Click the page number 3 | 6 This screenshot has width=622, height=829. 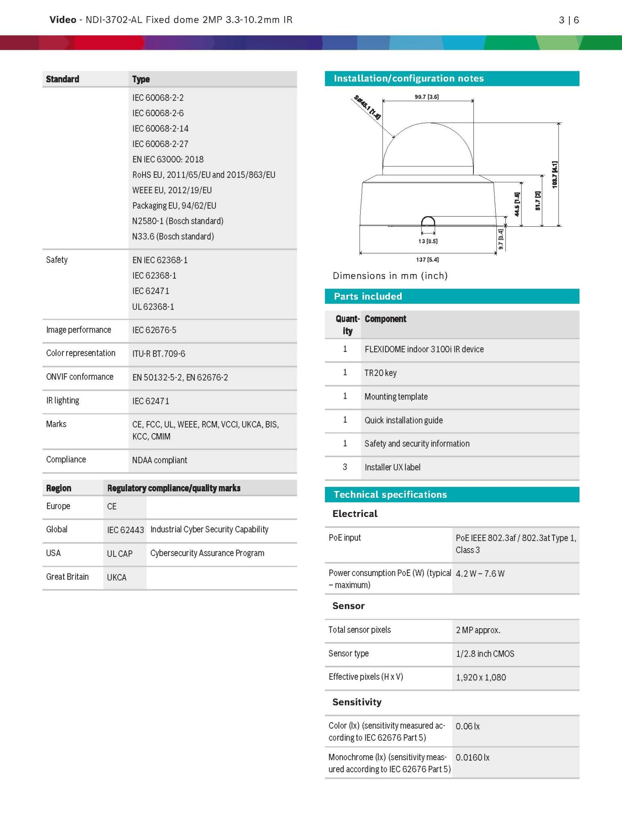pos(569,20)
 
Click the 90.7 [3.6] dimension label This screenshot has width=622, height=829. pos(426,97)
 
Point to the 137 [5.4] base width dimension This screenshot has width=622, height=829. pos(427,259)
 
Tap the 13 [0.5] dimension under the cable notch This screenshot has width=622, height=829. pos(428,241)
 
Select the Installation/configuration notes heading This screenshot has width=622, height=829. pos(408,79)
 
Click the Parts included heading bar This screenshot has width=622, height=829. pos(452,296)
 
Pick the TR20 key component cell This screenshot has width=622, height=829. pos(380,373)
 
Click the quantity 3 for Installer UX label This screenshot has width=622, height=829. pos(345,467)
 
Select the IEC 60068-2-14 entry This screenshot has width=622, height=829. pos(160,129)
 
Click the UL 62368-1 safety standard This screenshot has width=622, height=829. pos(153,307)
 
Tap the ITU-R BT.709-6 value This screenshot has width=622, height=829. pos(159,354)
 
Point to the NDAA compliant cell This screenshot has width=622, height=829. pos(160,460)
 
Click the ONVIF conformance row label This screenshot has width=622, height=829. pos(80,377)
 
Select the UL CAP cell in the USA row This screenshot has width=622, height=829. pos(119,554)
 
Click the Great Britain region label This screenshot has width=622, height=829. pos(67,577)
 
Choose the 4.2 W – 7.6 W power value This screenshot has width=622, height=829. pos(480,574)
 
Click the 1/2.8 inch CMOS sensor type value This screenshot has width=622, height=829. pos(485,654)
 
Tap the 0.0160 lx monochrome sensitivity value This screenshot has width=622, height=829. pos(472,757)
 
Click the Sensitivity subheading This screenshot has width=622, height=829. pos(357,702)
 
